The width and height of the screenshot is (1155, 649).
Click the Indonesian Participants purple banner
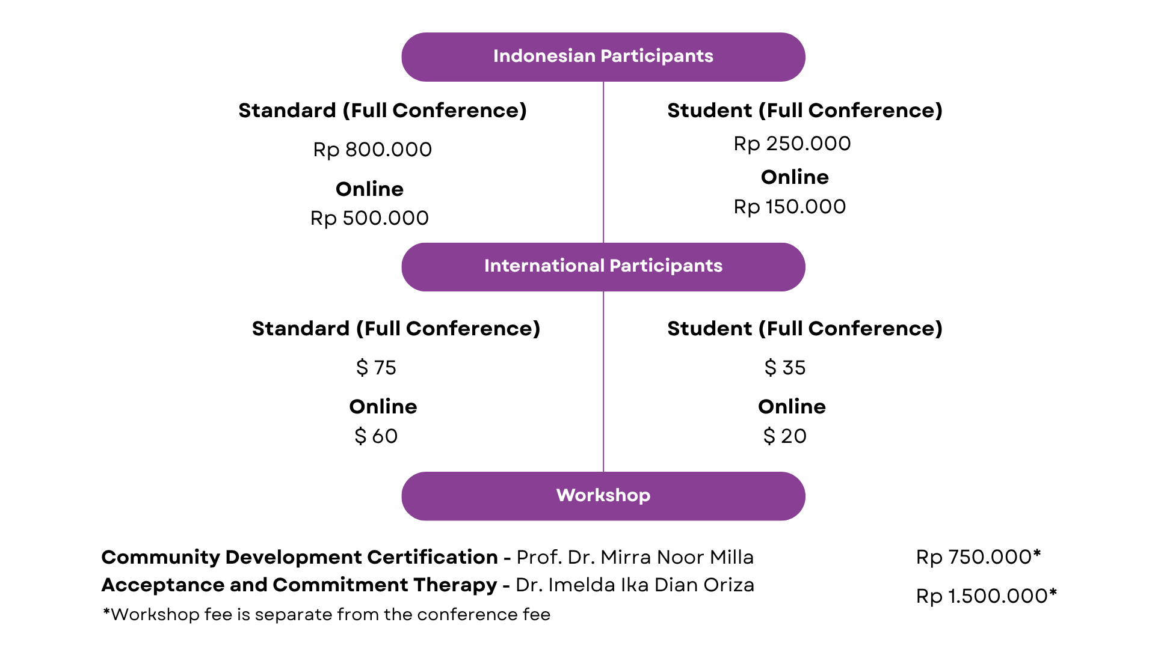point(603,57)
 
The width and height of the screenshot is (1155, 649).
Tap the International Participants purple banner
point(603,267)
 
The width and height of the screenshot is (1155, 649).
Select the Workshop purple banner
point(603,496)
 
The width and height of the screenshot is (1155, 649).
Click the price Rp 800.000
point(372,150)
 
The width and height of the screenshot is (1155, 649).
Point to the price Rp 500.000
point(369,218)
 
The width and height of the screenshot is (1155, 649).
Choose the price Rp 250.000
point(792,144)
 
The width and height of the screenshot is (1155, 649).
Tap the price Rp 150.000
point(790,207)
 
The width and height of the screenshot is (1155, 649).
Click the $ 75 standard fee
point(376,367)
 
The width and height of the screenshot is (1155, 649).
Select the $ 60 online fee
point(376,436)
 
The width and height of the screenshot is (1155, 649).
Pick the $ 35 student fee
point(785,367)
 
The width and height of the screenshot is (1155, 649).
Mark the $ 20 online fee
point(785,436)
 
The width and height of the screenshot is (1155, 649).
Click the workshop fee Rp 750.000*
point(979,557)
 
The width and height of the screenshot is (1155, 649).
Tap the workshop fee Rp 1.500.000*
point(987,596)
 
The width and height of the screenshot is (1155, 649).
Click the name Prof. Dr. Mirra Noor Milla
point(635,557)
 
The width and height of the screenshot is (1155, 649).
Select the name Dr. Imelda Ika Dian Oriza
point(635,585)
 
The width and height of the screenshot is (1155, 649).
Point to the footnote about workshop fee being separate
point(327,614)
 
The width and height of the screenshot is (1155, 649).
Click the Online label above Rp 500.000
point(369,189)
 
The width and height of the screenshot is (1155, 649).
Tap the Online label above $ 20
point(792,406)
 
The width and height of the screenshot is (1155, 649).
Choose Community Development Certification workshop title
point(300,557)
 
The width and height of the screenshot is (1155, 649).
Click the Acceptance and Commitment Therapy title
point(299,585)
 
